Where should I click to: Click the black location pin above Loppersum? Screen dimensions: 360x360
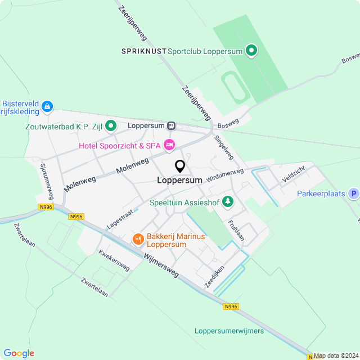180,166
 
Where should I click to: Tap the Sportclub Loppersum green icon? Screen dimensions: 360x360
252,51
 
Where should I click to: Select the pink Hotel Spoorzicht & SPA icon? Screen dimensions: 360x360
169,146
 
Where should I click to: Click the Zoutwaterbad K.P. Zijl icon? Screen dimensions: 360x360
111,125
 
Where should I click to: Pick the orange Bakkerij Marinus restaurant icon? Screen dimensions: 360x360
138,240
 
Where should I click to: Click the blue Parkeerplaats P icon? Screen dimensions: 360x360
353,194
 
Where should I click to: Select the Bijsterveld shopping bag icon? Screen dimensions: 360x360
47,106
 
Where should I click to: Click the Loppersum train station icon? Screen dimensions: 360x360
171,126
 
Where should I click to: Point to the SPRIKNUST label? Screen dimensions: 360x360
144,51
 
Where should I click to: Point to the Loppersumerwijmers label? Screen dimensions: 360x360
229,331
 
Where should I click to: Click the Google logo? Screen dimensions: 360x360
19,353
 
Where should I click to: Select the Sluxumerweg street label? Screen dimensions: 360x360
47,182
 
